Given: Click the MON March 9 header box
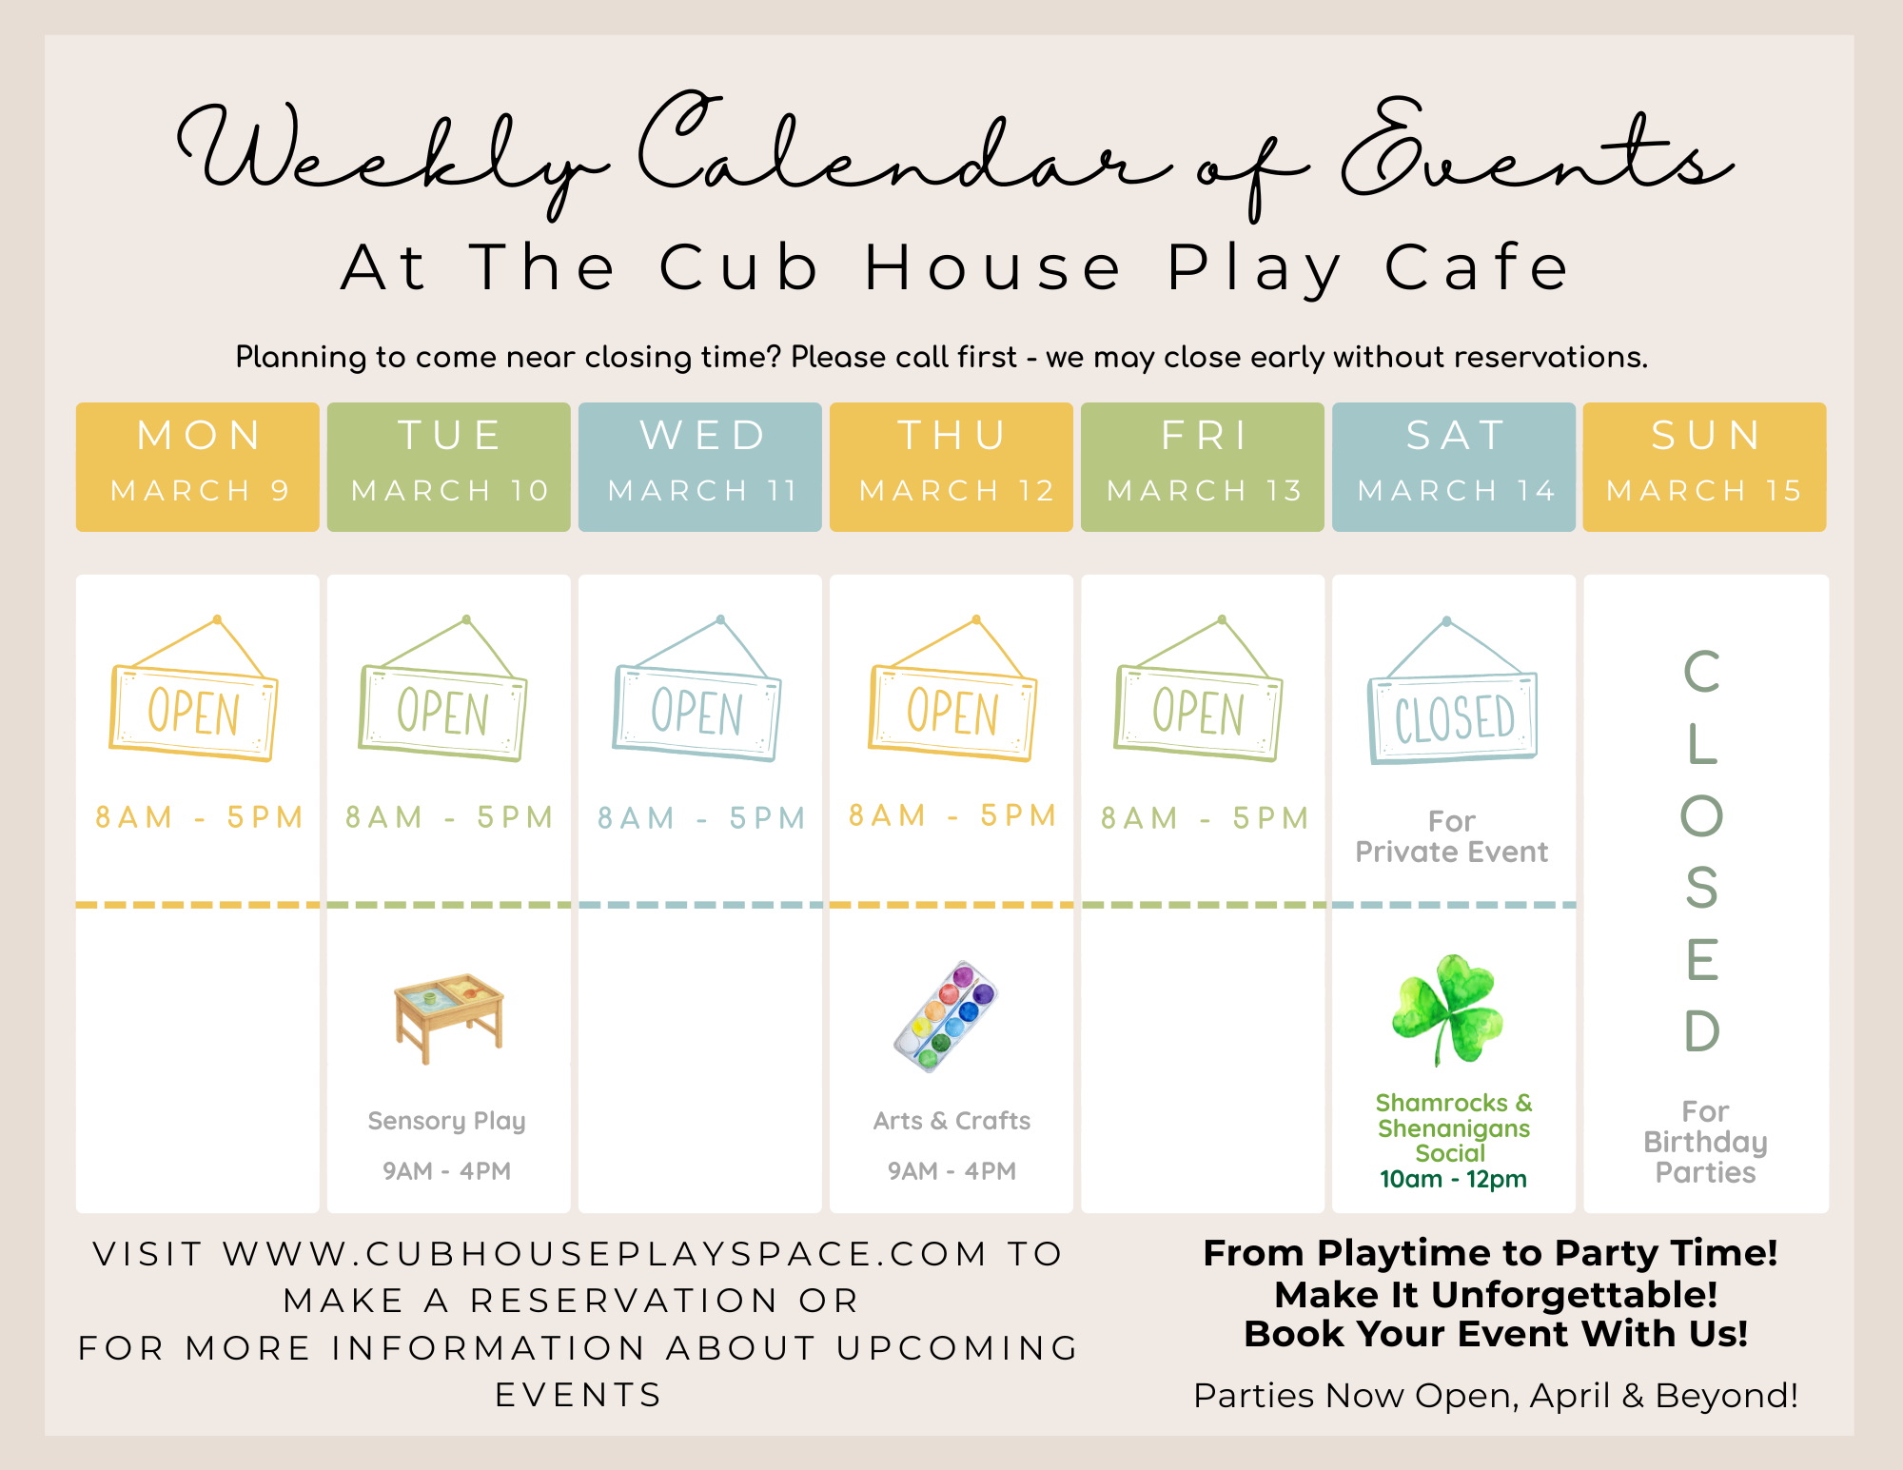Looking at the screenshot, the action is point(198,466).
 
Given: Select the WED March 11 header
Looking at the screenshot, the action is point(700,466).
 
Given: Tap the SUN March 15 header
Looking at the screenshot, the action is point(1705,466).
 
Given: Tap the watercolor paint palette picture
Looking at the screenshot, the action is point(946,1016).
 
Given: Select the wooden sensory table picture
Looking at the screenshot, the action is point(449,1017).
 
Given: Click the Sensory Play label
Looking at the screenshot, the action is point(446,1121).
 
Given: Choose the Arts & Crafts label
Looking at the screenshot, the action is point(951,1121).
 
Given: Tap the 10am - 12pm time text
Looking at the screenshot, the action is point(1453,1180).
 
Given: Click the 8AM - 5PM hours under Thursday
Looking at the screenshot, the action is point(952,815).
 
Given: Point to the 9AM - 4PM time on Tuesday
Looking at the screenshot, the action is point(446,1170).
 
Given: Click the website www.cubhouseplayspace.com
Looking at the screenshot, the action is point(605,1254).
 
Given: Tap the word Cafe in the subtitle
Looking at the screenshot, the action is point(1476,267).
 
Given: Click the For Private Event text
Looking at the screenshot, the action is point(1452,836).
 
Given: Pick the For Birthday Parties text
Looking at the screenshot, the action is point(1705,1142).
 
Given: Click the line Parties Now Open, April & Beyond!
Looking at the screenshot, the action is point(1496,1396).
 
